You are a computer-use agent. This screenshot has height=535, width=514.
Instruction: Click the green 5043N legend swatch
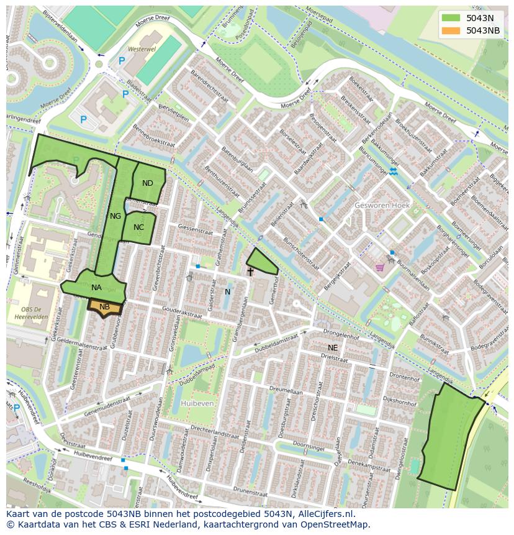pos(451,17)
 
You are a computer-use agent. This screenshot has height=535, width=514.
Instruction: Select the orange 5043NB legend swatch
pos(451,30)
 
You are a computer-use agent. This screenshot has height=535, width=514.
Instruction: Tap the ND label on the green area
pos(147,183)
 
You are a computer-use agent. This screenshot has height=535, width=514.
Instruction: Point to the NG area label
pos(115,216)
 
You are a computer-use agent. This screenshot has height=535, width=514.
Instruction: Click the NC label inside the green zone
pos(138,227)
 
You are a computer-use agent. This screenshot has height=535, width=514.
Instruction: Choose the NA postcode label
pos(96,288)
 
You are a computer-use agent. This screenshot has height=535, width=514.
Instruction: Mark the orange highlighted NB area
pos(104,307)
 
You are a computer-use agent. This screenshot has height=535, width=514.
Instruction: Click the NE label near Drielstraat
pos(333,348)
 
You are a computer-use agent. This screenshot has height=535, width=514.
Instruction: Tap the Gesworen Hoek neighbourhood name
pos(382,205)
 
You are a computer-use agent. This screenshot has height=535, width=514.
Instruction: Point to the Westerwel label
pos(142,48)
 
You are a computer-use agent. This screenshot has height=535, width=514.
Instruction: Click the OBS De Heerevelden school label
pos(31,313)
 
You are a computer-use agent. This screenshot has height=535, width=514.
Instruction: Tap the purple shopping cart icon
pos(380,267)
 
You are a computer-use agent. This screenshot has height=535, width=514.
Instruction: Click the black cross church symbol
pos(250,272)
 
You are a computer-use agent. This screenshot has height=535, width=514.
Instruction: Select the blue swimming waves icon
pos(393,171)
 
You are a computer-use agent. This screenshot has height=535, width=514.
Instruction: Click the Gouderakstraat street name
pos(183,313)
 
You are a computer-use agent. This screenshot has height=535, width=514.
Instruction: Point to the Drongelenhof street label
pos(341,336)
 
